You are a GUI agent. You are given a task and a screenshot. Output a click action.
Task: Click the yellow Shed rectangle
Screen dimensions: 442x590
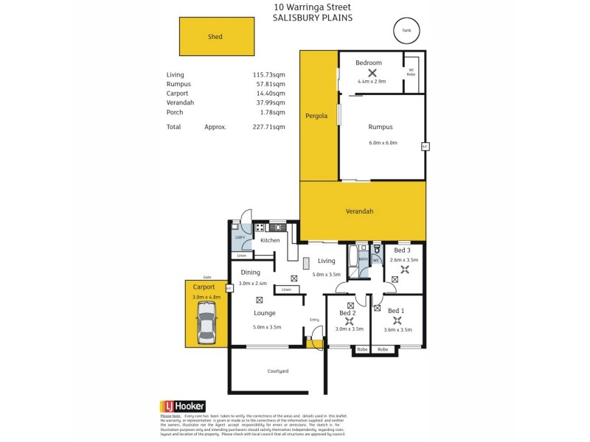point(216,36)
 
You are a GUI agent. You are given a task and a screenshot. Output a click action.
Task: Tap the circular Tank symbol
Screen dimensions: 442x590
point(405,30)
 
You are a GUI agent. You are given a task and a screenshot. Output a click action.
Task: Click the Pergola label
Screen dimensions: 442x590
point(317,116)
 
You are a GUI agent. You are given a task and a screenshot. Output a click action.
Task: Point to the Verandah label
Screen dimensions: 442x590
point(359,211)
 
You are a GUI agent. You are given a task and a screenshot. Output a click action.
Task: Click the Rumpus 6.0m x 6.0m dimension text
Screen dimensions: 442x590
point(383,143)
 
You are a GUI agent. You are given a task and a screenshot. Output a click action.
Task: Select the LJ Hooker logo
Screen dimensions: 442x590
point(182,406)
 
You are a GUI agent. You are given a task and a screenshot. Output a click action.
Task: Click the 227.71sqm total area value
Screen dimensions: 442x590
point(268,127)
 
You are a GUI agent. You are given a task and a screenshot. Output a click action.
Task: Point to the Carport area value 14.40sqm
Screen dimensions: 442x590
point(270,94)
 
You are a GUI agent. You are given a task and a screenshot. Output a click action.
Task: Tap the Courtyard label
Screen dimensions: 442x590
point(277,371)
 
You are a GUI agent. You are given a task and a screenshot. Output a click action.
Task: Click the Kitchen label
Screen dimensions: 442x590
point(270,240)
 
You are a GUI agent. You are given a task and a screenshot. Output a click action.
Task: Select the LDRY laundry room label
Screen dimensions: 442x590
point(240,237)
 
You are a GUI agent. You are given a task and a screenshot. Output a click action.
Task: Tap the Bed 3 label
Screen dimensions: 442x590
point(403,250)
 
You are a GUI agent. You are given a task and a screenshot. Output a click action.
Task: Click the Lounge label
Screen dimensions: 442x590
point(265,313)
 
